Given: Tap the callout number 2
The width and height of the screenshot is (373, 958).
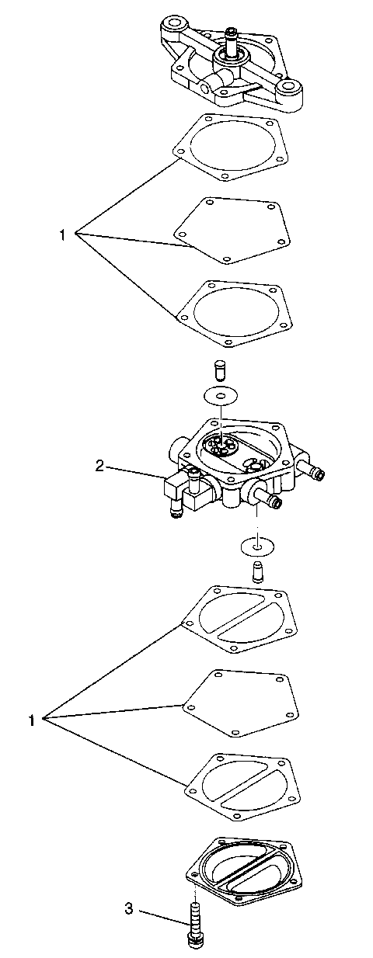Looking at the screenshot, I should [99, 466].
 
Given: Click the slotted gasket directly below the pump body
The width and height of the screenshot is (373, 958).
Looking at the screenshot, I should [243, 618].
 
